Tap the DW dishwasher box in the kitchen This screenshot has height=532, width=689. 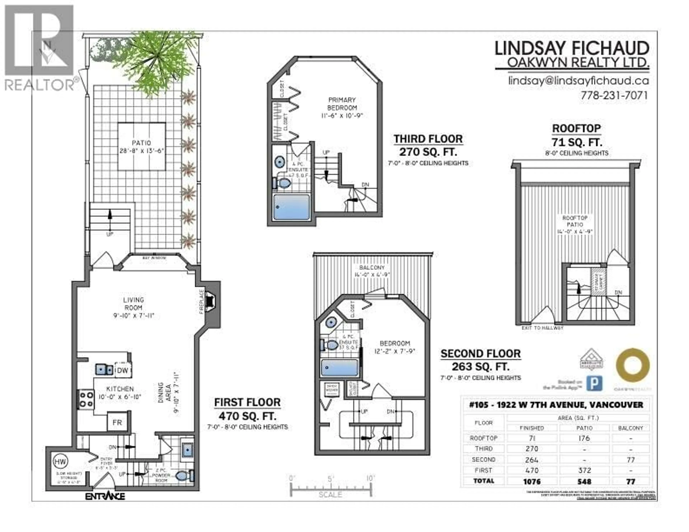(123, 370)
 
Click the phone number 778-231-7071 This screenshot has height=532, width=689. (614, 95)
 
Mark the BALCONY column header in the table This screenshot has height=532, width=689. (630, 428)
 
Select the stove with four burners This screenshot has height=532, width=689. (86, 399)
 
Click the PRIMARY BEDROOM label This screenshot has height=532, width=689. (342, 104)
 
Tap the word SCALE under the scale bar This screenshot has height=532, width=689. (330, 495)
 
